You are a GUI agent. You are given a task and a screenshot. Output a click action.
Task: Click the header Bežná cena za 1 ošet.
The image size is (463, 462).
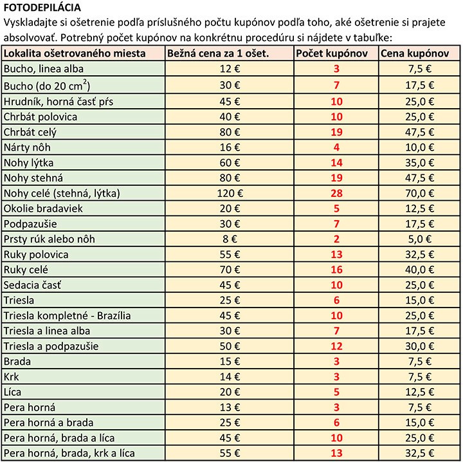click(218, 53)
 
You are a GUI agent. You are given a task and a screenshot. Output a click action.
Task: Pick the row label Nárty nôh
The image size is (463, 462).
click(26, 147)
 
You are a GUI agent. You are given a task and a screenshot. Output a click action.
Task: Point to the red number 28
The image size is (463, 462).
click(336, 193)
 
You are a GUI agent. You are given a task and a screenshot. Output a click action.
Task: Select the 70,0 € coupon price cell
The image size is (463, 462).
click(421, 193)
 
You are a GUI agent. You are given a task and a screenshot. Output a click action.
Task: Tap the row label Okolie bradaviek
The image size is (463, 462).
click(43, 208)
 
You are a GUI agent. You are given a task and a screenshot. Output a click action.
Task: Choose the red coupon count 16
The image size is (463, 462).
click(336, 270)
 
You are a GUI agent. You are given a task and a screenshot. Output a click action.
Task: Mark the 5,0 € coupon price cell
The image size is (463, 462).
click(423, 239)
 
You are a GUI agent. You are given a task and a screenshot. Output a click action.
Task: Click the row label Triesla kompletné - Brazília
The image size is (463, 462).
click(68, 315)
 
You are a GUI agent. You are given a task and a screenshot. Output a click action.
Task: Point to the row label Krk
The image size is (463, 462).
click(12, 376)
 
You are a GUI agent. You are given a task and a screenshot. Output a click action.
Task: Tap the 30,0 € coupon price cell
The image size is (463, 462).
click(421, 346)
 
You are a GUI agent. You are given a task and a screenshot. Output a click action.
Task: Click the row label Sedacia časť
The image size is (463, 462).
click(36, 285)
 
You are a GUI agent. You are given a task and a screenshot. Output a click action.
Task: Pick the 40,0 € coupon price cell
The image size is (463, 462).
click(421, 270)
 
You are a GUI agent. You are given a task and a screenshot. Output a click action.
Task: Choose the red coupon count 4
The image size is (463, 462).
click(336, 147)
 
